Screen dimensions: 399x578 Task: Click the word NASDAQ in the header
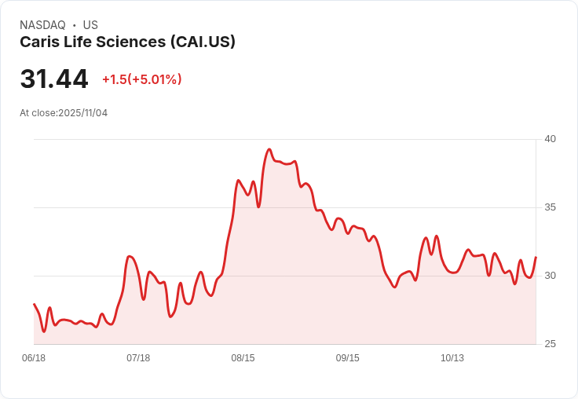click(x=42, y=25)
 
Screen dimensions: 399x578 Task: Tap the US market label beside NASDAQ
click(x=90, y=25)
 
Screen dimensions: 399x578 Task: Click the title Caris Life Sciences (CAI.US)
click(x=127, y=42)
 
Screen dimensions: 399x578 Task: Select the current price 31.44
click(x=54, y=79)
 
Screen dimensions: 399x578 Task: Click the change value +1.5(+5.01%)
click(x=142, y=79)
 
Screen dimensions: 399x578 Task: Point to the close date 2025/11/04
click(x=82, y=113)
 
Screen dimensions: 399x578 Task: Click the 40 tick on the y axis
click(x=551, y=139)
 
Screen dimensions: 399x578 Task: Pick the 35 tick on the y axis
click(x=551, y=207)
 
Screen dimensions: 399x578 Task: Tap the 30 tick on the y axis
click(x=551, y=276)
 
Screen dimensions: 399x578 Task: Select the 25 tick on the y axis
click(x=551, y=344)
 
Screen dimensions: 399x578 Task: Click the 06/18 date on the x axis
click(x=34, y=358)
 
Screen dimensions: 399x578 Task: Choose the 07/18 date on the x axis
click(x=138, y=358)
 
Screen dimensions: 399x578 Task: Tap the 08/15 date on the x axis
click(x=243, y=358)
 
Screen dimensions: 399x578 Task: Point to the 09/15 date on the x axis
click(x=348, y=358)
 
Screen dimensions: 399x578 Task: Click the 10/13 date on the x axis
click(x=452, y=358)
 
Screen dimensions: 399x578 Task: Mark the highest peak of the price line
click(x=269, y=149)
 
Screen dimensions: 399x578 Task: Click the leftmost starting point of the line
click(x=34, y=304)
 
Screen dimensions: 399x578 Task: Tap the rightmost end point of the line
click(x=536, y=257)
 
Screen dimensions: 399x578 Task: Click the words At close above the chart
click(x=38, y=113)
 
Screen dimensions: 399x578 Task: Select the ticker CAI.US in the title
click(x=203, y=42)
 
